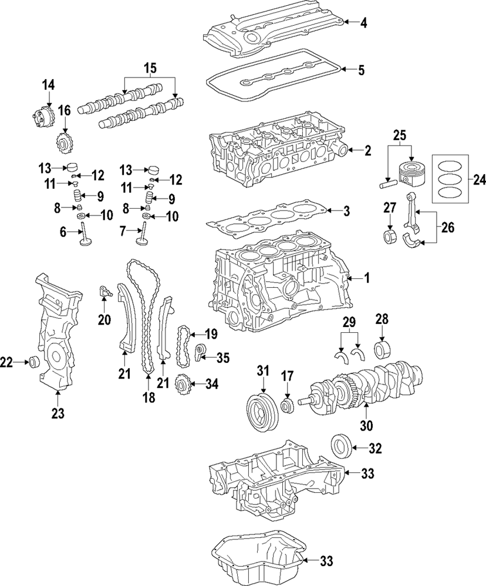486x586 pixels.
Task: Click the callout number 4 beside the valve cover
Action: pyautogui.click(x=364, y=23)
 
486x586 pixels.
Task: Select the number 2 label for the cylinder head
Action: pyautogui.click(x=367, y=151)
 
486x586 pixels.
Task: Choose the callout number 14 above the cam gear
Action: pyautogui.click(x=47, y=86)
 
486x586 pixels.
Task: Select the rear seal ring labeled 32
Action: pyautogui.click(x=340, y=444)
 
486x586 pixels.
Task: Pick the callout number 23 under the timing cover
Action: pyautogui.click(x=56, y=414)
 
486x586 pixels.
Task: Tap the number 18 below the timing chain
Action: pyautogui.click(x=148, y=397)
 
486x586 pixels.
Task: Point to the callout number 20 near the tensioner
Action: pyautogui.click(x=104, y=319)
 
